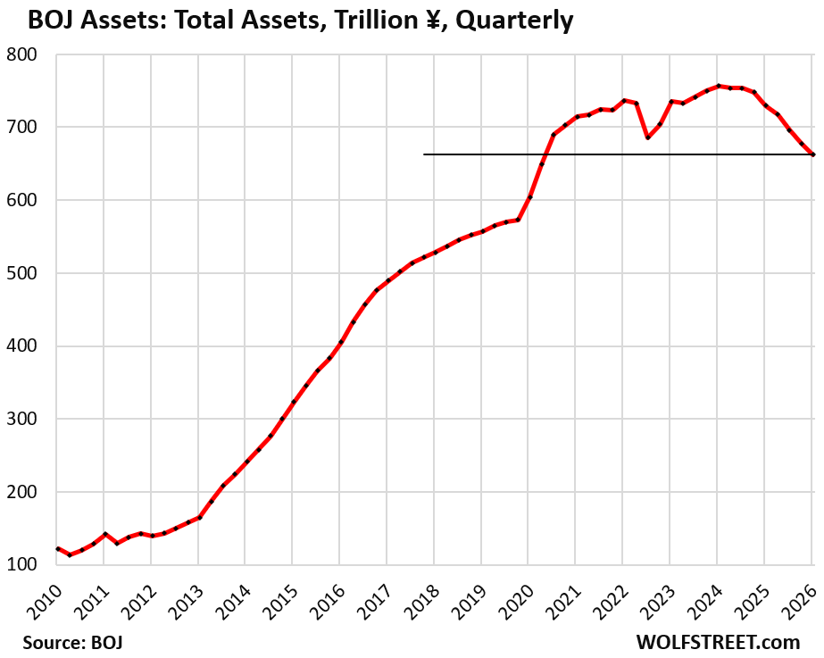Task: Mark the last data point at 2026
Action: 812,154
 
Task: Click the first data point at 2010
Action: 57,548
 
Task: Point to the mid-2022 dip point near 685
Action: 647,137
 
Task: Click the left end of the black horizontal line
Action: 424,154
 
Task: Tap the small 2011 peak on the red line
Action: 104,534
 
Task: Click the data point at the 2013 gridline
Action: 199,517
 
